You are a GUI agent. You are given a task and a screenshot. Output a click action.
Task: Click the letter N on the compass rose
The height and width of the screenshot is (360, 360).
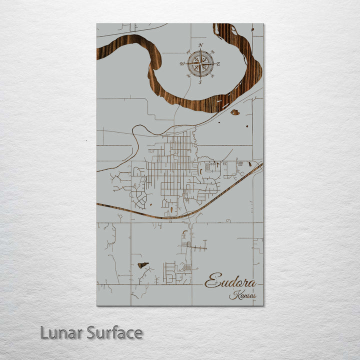pos(200,45)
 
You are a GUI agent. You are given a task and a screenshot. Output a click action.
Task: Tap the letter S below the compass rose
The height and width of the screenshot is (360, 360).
pos(200,82)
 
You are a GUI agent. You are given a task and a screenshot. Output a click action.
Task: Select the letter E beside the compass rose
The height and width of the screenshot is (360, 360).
pos(218,63)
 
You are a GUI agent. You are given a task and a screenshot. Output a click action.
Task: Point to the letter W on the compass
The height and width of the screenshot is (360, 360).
pos(182,64)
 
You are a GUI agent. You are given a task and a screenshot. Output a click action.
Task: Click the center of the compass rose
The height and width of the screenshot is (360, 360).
pos(200,63)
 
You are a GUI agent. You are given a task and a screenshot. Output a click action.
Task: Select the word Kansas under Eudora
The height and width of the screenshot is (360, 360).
pos(242,295)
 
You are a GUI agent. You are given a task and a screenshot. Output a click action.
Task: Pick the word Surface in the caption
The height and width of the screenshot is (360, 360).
pos(114,332)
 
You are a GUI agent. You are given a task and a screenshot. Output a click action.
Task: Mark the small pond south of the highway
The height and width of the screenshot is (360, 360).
pos(143,265)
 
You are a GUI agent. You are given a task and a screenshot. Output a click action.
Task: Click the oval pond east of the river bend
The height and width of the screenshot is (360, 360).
pos(234,112)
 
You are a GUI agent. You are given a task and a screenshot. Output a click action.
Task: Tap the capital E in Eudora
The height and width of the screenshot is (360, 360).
pos(212,281)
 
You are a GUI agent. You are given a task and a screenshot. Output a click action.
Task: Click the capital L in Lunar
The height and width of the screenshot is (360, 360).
pos(44,332)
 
